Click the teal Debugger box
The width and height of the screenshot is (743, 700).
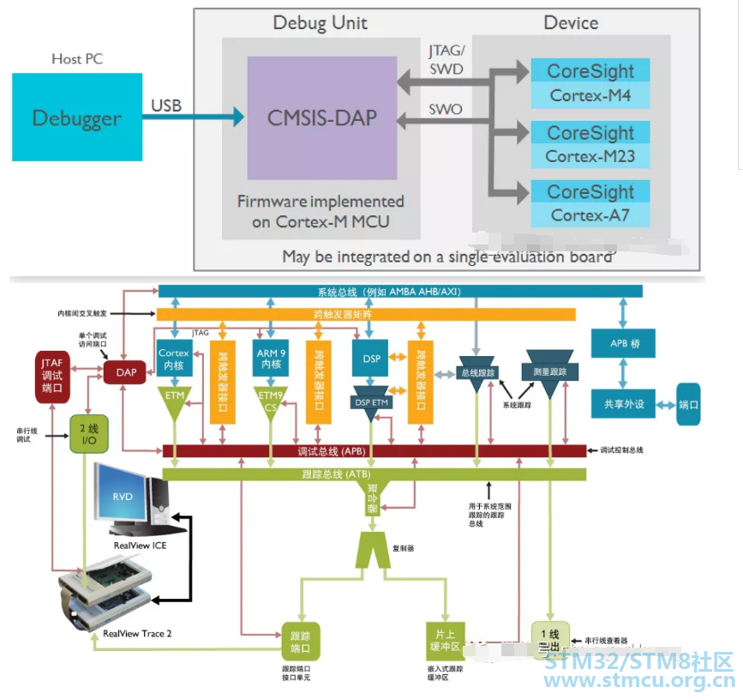pyautogui.click(x=77, y=118)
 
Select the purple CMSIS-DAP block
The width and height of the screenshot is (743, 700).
pyautogui.click(x=321, y=118)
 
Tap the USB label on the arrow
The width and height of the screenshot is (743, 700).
pyautogui.click(x=166, y=106)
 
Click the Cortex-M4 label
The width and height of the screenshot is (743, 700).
pyautogui.click(x=590, y=96)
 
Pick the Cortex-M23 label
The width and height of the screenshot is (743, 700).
pyautogui.click(x=590, y=157)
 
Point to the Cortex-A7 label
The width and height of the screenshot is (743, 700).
pyautogui.click(x=590, y=215)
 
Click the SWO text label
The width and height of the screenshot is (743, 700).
pyautogui.click(x=445, y=109)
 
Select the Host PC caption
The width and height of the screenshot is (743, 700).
pyautogui.click(x=77, y=59)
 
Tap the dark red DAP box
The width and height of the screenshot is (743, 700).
pyautogui.click(x=125, y=371)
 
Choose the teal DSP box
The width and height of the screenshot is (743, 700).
pyautogui.click(x=371, y=359)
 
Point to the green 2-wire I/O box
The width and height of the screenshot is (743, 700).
pyautogui.click(x=87, y=434)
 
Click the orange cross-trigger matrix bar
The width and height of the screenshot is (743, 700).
pyautogui.click(x=399, y=315)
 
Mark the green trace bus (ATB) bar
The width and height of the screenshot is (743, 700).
pyautogui.click(x=374, y=474)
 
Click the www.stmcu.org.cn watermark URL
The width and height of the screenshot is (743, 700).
pyautogui.click(x=640, y=682)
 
